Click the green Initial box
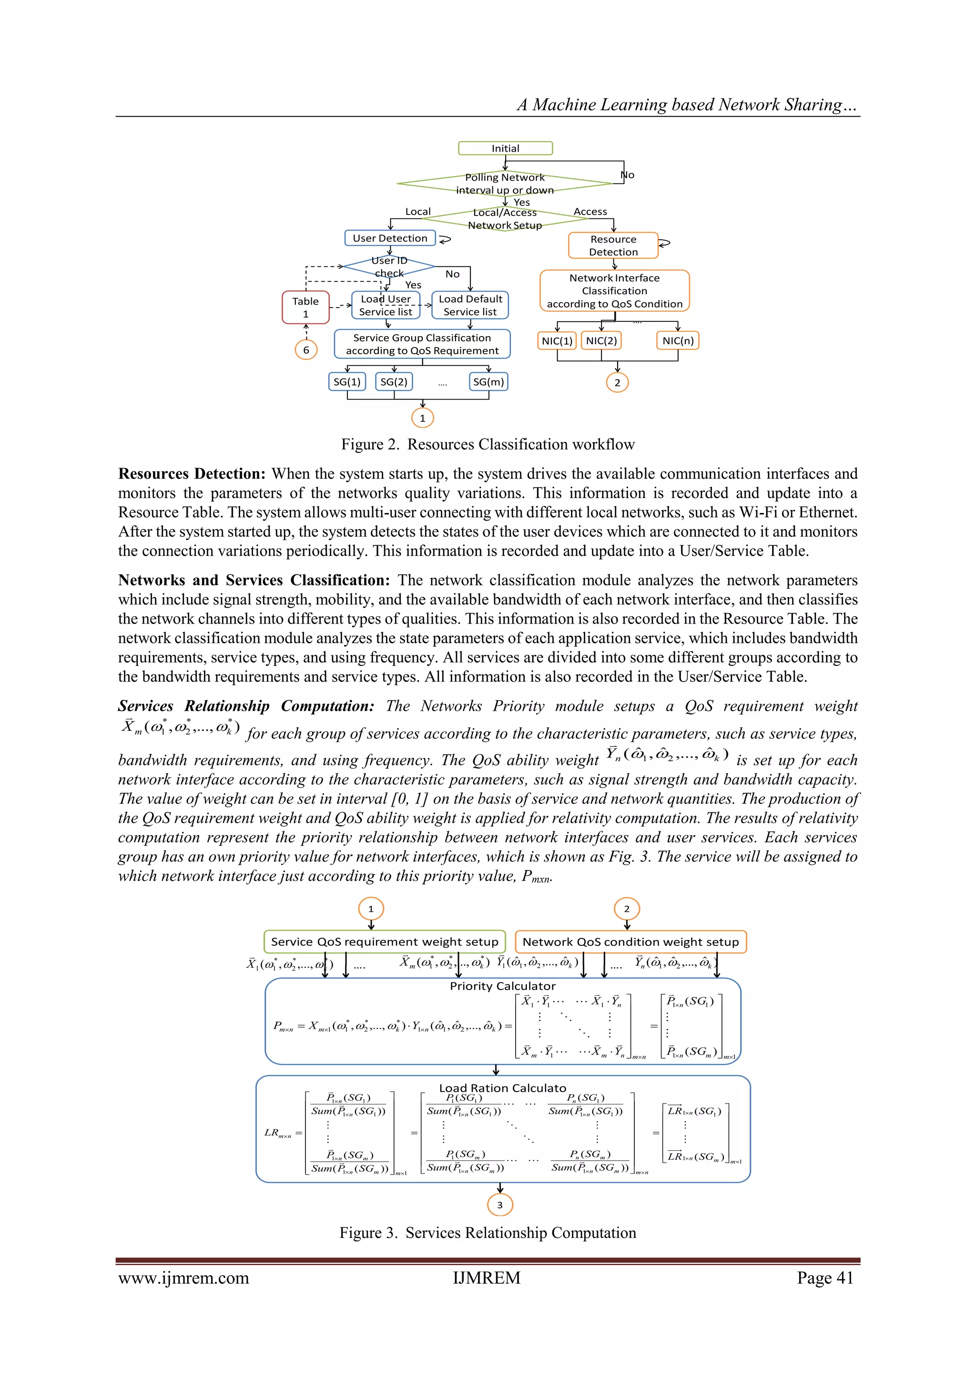pos(505,148)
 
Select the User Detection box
pos(390,238)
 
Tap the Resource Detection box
pos(613,246)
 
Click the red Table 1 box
pos(305,307)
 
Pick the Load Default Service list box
pos(470,305)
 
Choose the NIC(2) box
pos(601,340)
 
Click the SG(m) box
pos(488,381)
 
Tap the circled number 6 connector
pos(305,349)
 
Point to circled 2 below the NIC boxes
pos(617,382)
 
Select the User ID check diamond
pos(389,266)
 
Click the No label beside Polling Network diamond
pos(627,175)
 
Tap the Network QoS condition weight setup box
pos(630,942)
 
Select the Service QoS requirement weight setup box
pos(384,942)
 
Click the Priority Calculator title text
pos(502,986)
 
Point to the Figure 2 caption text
pos(488,444)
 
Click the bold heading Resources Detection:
pos(192,474)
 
